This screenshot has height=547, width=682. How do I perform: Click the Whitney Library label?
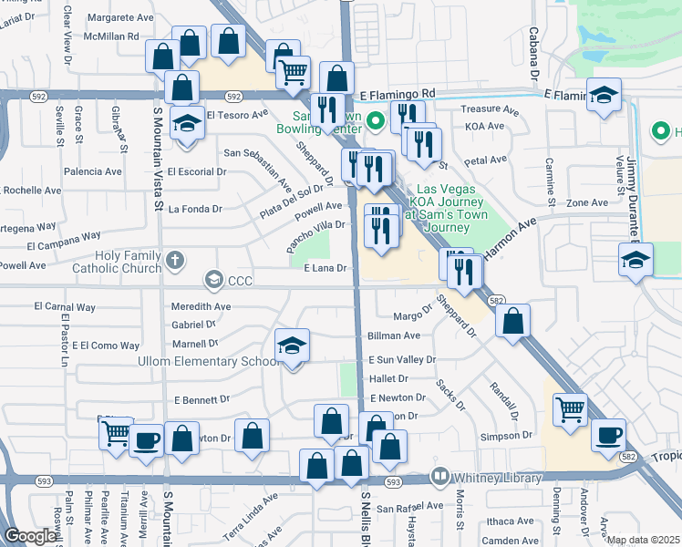click(499, 478)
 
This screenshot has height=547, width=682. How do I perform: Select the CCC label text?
click(241, 280)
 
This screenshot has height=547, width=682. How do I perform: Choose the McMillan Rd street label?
click(108, 36)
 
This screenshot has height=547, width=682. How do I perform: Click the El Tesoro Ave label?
click(237, 115)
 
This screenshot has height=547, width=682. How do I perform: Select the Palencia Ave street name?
click(92, 171)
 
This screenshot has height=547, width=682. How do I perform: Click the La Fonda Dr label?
click(195, 209)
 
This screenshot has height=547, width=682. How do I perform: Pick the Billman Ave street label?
click(394, 336)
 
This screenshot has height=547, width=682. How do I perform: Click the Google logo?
click(30, 536)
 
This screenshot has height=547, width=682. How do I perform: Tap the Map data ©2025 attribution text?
click(642, 540)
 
